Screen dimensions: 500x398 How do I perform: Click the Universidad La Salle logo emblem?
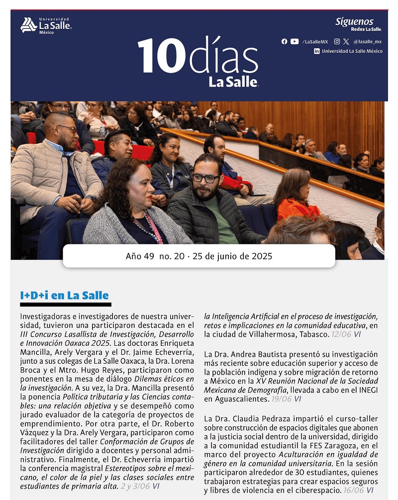[28, 25]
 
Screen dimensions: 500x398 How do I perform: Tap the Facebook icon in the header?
[284, 42]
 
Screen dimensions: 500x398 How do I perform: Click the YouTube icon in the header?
[295, 42]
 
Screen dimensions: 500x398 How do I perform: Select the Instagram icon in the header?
[337, 42]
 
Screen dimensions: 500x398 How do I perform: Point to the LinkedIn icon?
[317, 51]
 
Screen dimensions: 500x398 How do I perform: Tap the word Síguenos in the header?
[354, 22]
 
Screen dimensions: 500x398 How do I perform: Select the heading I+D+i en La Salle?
[64, 296]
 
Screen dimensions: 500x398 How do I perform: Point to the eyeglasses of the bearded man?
[205, 178]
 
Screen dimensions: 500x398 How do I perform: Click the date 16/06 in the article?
[353, 490]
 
